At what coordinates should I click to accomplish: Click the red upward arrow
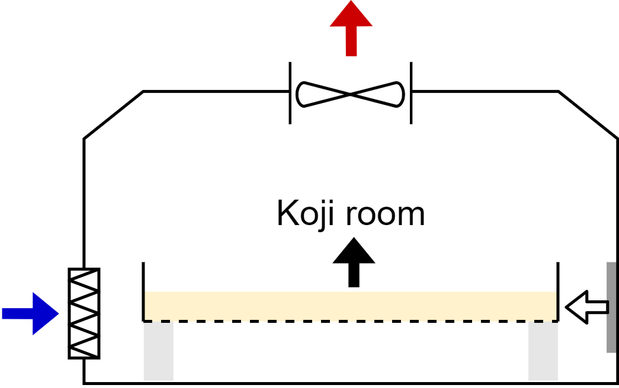tap(351, 30)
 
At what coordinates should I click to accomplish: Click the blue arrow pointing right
tap(30, 314)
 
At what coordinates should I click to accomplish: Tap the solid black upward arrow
tap(354, 262)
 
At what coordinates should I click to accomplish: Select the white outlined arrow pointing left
tap(587, 307)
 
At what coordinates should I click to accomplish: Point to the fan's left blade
tap(323, 94)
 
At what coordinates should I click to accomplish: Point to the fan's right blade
tap(377, 94)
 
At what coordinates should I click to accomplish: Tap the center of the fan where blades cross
tap(350, 94)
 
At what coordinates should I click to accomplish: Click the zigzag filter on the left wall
tap(84, 313)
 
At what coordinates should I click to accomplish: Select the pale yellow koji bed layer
tap(351, 306)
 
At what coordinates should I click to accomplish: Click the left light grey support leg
tap(158, 351)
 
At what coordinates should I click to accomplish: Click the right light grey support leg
tap(543, 351)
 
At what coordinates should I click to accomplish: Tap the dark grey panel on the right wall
tap(611, 307)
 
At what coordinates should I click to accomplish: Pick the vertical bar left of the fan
tap(290, 93)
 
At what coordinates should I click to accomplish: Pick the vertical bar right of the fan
tap(411, 93)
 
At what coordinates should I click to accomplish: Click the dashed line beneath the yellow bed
tap(351, 321)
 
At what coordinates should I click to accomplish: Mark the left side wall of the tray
tap(143, 291)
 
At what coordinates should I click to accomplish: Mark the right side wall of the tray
tap(558, 291)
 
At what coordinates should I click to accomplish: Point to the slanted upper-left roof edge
tap(113, 115)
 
